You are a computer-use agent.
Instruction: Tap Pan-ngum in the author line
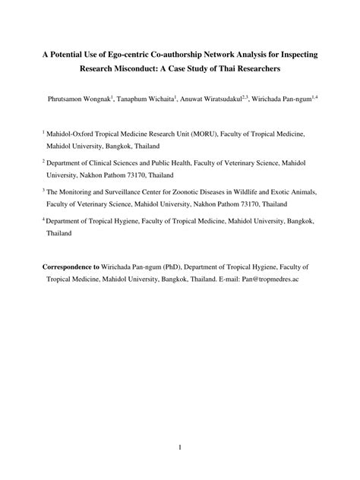[295, 99]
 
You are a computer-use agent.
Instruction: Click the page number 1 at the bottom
[180, 447]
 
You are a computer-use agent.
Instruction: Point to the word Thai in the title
[229, 69]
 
